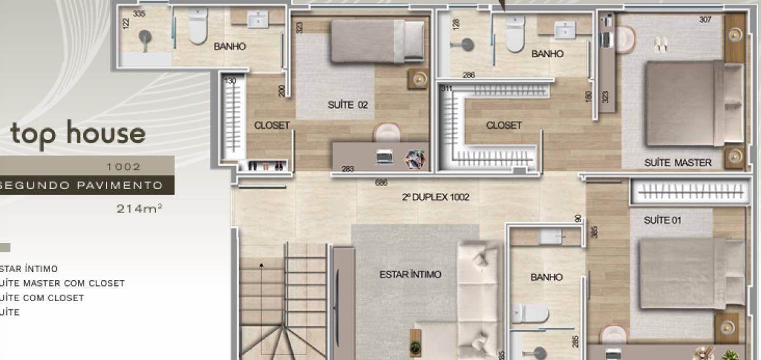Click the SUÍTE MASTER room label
(x=677, y=162)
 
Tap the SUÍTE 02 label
(x=348, y=105)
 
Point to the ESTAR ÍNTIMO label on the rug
(x=410, y=274)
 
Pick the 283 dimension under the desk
(x=348, y=169)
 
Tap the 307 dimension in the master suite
(x=705, y=20)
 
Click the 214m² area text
(x=140, y=207)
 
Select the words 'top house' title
(x=77, y=134)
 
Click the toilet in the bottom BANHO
(x=531, y=312)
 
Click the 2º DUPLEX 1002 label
(x=435, y=198)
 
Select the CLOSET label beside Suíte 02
(x=271, y=125)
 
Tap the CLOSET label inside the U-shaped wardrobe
(x=504, y=125)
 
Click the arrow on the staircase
(x=261, y=264)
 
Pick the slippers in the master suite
(x=660, y=44)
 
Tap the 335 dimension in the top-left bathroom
(x=140, y=13)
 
